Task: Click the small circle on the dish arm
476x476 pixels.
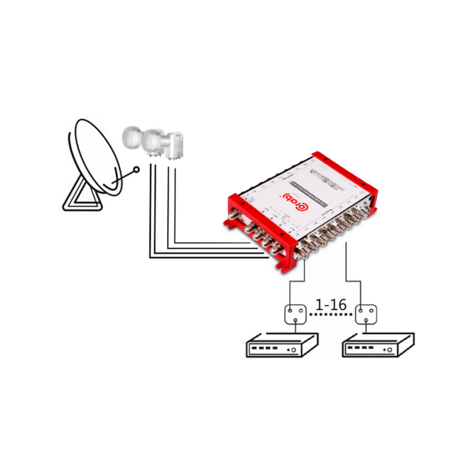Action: (138, 170)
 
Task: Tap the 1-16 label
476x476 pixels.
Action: (331, 305)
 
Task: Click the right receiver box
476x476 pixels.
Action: (378, 346)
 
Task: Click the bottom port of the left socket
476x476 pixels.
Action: (294, 320)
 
